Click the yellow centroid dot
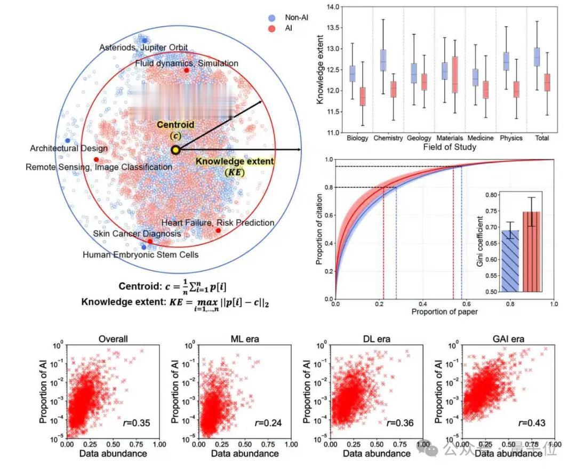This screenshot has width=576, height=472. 175,150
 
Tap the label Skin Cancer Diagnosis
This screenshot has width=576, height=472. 137,234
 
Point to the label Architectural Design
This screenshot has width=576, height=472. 69,148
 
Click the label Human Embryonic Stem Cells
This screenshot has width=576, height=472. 140,255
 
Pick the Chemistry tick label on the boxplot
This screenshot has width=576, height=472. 388,138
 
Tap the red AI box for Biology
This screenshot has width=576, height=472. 363,97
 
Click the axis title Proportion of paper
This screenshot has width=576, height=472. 444,311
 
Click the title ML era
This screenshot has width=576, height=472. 244,339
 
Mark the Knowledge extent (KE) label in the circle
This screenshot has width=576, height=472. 234,166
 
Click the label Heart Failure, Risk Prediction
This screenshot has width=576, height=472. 218,222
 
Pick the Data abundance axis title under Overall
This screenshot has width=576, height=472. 113,453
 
